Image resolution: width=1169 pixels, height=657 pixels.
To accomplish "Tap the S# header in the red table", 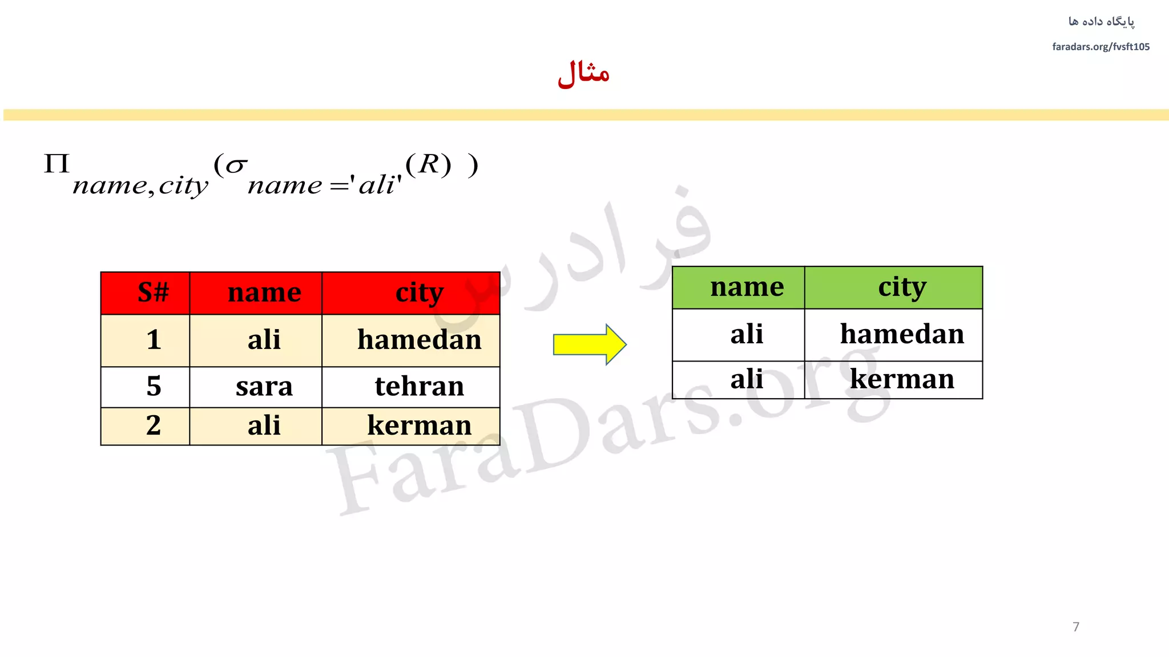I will tap(153, 293).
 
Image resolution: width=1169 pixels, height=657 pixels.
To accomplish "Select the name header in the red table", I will tap(264, 293).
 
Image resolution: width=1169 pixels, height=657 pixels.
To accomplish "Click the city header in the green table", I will tap(901, 287).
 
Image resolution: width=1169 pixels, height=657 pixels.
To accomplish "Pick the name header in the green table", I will tap(747, 287).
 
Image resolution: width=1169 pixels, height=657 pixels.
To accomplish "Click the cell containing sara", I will tap(264, 386).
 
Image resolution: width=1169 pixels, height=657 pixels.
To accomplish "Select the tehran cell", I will tap(419, 386).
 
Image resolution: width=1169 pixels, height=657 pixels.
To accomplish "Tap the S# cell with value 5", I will tap(153, 386).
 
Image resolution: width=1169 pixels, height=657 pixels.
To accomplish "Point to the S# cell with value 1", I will tap(153, 340).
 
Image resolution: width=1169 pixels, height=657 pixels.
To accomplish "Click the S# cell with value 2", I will tap(153, 425).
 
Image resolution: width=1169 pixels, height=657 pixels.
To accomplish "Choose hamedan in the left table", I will tap(419, 340).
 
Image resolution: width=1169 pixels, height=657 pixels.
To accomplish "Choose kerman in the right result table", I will tap(901, 379).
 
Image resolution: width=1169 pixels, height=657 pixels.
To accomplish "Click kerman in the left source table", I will tap(419, 425).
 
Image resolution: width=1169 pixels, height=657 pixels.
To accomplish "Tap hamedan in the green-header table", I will tap(901, 334).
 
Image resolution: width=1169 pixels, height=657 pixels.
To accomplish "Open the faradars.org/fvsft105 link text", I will tap(1101, 47).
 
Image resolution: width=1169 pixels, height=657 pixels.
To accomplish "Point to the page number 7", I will tap(1076, 627).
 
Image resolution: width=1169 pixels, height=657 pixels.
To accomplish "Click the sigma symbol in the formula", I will tap(236, 165).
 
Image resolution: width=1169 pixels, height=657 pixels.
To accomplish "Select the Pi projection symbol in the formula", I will tap(57, 164).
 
